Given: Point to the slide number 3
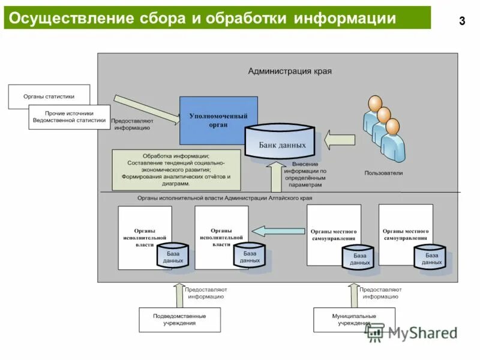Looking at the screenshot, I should (461, 22).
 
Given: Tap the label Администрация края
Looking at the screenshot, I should (290, 71).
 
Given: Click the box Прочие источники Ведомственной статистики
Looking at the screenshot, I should (70, 117).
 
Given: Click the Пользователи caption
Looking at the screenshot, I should (383, 173).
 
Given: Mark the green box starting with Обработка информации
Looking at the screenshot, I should (176, 170).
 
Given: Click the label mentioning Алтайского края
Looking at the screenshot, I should (224, 198).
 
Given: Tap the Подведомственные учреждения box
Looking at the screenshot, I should (179, 319).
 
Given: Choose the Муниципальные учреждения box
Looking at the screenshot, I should (354, 319).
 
